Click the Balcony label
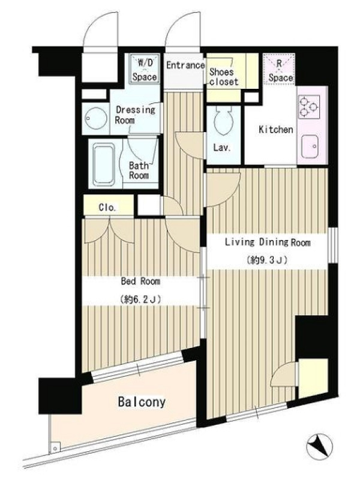pyautogui.click(x=142, y=402)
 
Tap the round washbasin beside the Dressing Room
pyautogui.click(x=96, y=118)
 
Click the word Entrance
pyautogui.click(x=185, y=65)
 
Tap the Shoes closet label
pyautogui.click(x=223, y=77)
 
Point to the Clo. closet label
pyautogui.click(x=107, y=208)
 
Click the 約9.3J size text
pyautogui.click(x=266, y=260)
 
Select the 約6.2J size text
pyautogui.click(x=140, y=299)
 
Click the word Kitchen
pyautogui.click(x=276, y=129)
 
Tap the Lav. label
pyautogui.click(x=222, y=148)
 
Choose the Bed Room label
pyautogui.click(x=140, y=281)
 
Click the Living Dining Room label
pyautogui.click(x=268, y=242)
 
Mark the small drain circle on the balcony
pyautogui.click(x=55, y=448)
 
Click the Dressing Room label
pyautogui.click(x=135, y=114)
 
